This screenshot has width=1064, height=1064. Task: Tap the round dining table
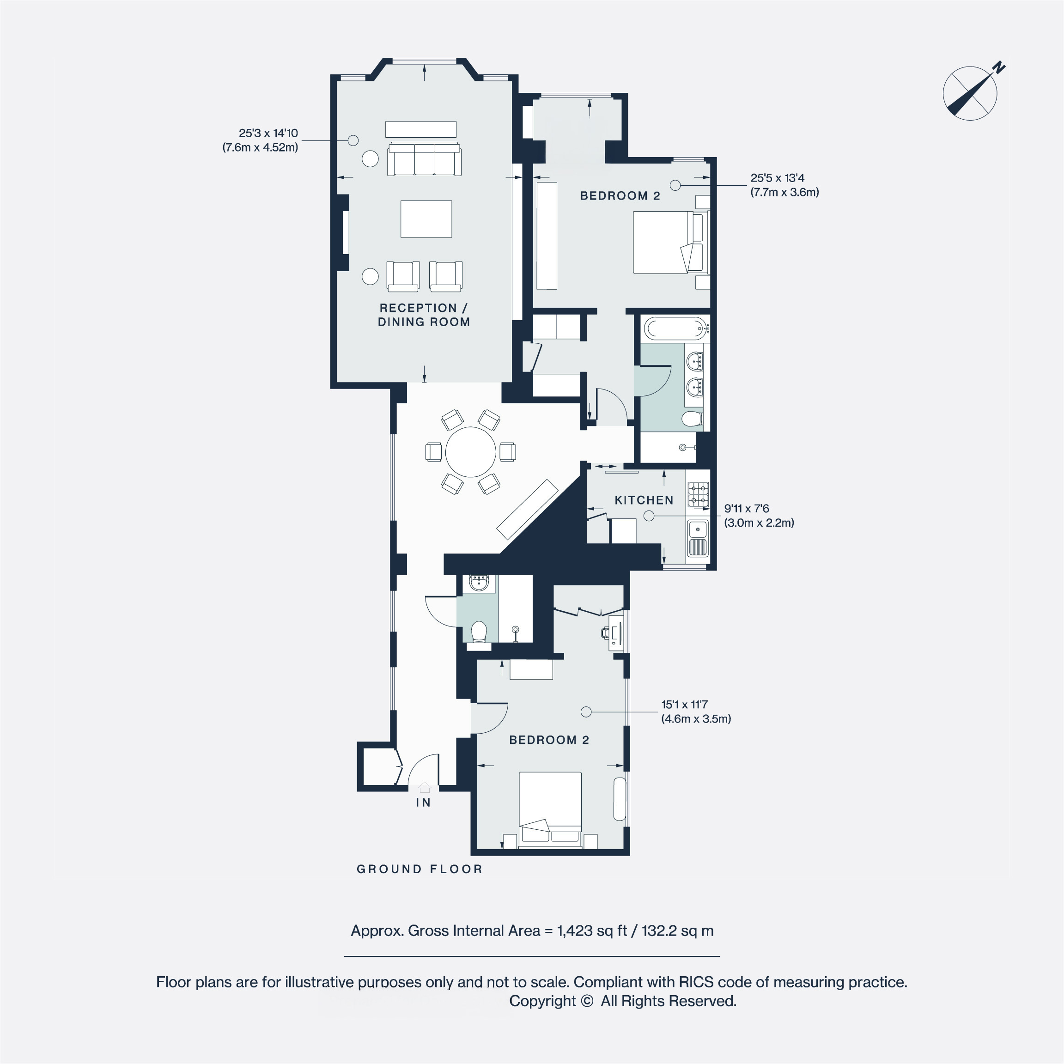470,451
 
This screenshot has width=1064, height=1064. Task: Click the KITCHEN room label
644,500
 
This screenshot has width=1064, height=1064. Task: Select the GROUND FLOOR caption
420,869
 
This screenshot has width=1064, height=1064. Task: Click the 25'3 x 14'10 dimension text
268,133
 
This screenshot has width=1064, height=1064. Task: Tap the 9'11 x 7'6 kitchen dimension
746,508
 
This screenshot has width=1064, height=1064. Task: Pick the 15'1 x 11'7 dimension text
685,705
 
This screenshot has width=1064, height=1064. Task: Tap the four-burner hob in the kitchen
698,494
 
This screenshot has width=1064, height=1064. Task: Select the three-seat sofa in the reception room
424,160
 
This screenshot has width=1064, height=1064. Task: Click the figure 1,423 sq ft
592,931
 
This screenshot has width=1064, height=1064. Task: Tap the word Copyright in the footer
543,1001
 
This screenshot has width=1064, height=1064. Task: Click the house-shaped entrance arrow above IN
424,788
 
